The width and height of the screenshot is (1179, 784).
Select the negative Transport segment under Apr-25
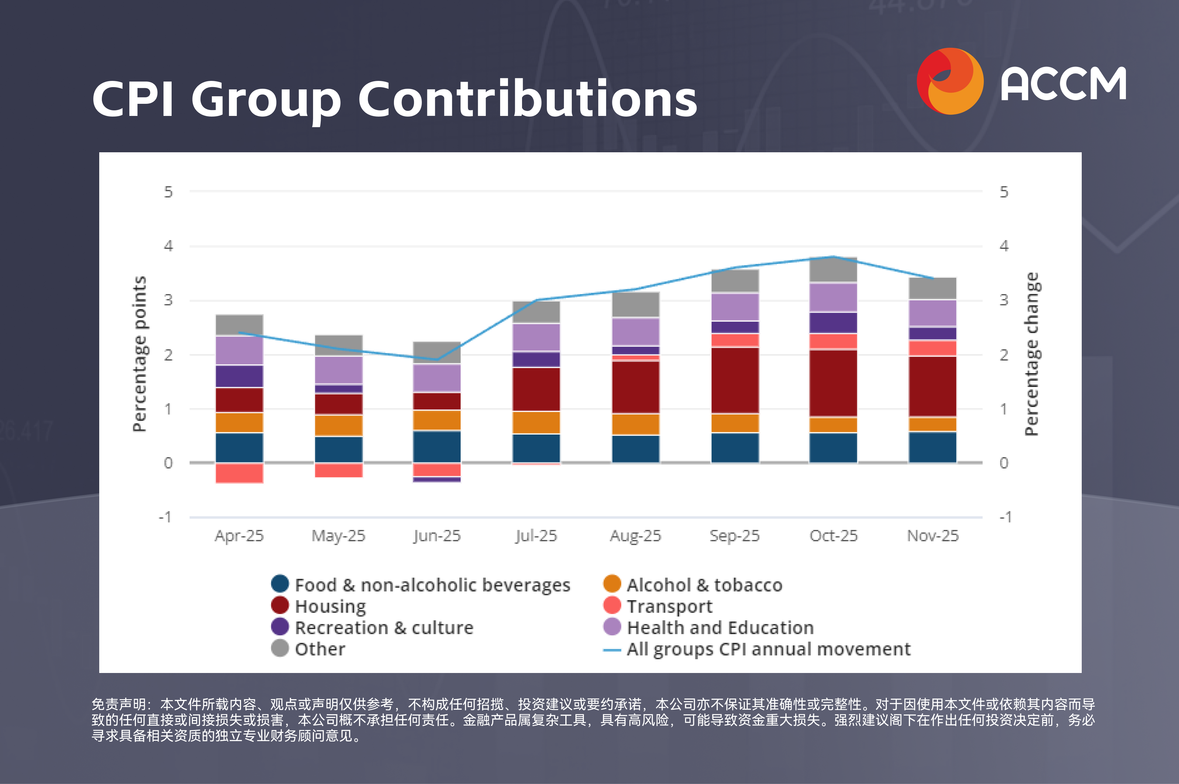(239, 473)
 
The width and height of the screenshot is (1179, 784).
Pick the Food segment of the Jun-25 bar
(437, 446)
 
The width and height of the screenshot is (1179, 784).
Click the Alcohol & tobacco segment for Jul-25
(536, 422)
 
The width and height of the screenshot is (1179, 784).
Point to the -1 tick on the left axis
(165, 517)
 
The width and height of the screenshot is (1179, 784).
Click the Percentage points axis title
(140, 354)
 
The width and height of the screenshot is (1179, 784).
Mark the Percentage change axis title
(1032, 354)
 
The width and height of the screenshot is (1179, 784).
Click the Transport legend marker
(612, 606)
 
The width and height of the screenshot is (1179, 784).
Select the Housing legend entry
(330, 606)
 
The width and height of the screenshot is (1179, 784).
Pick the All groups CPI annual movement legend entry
(768, 649)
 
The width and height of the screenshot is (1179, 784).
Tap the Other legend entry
(320, 649)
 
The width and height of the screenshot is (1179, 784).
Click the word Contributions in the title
(527, 99)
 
